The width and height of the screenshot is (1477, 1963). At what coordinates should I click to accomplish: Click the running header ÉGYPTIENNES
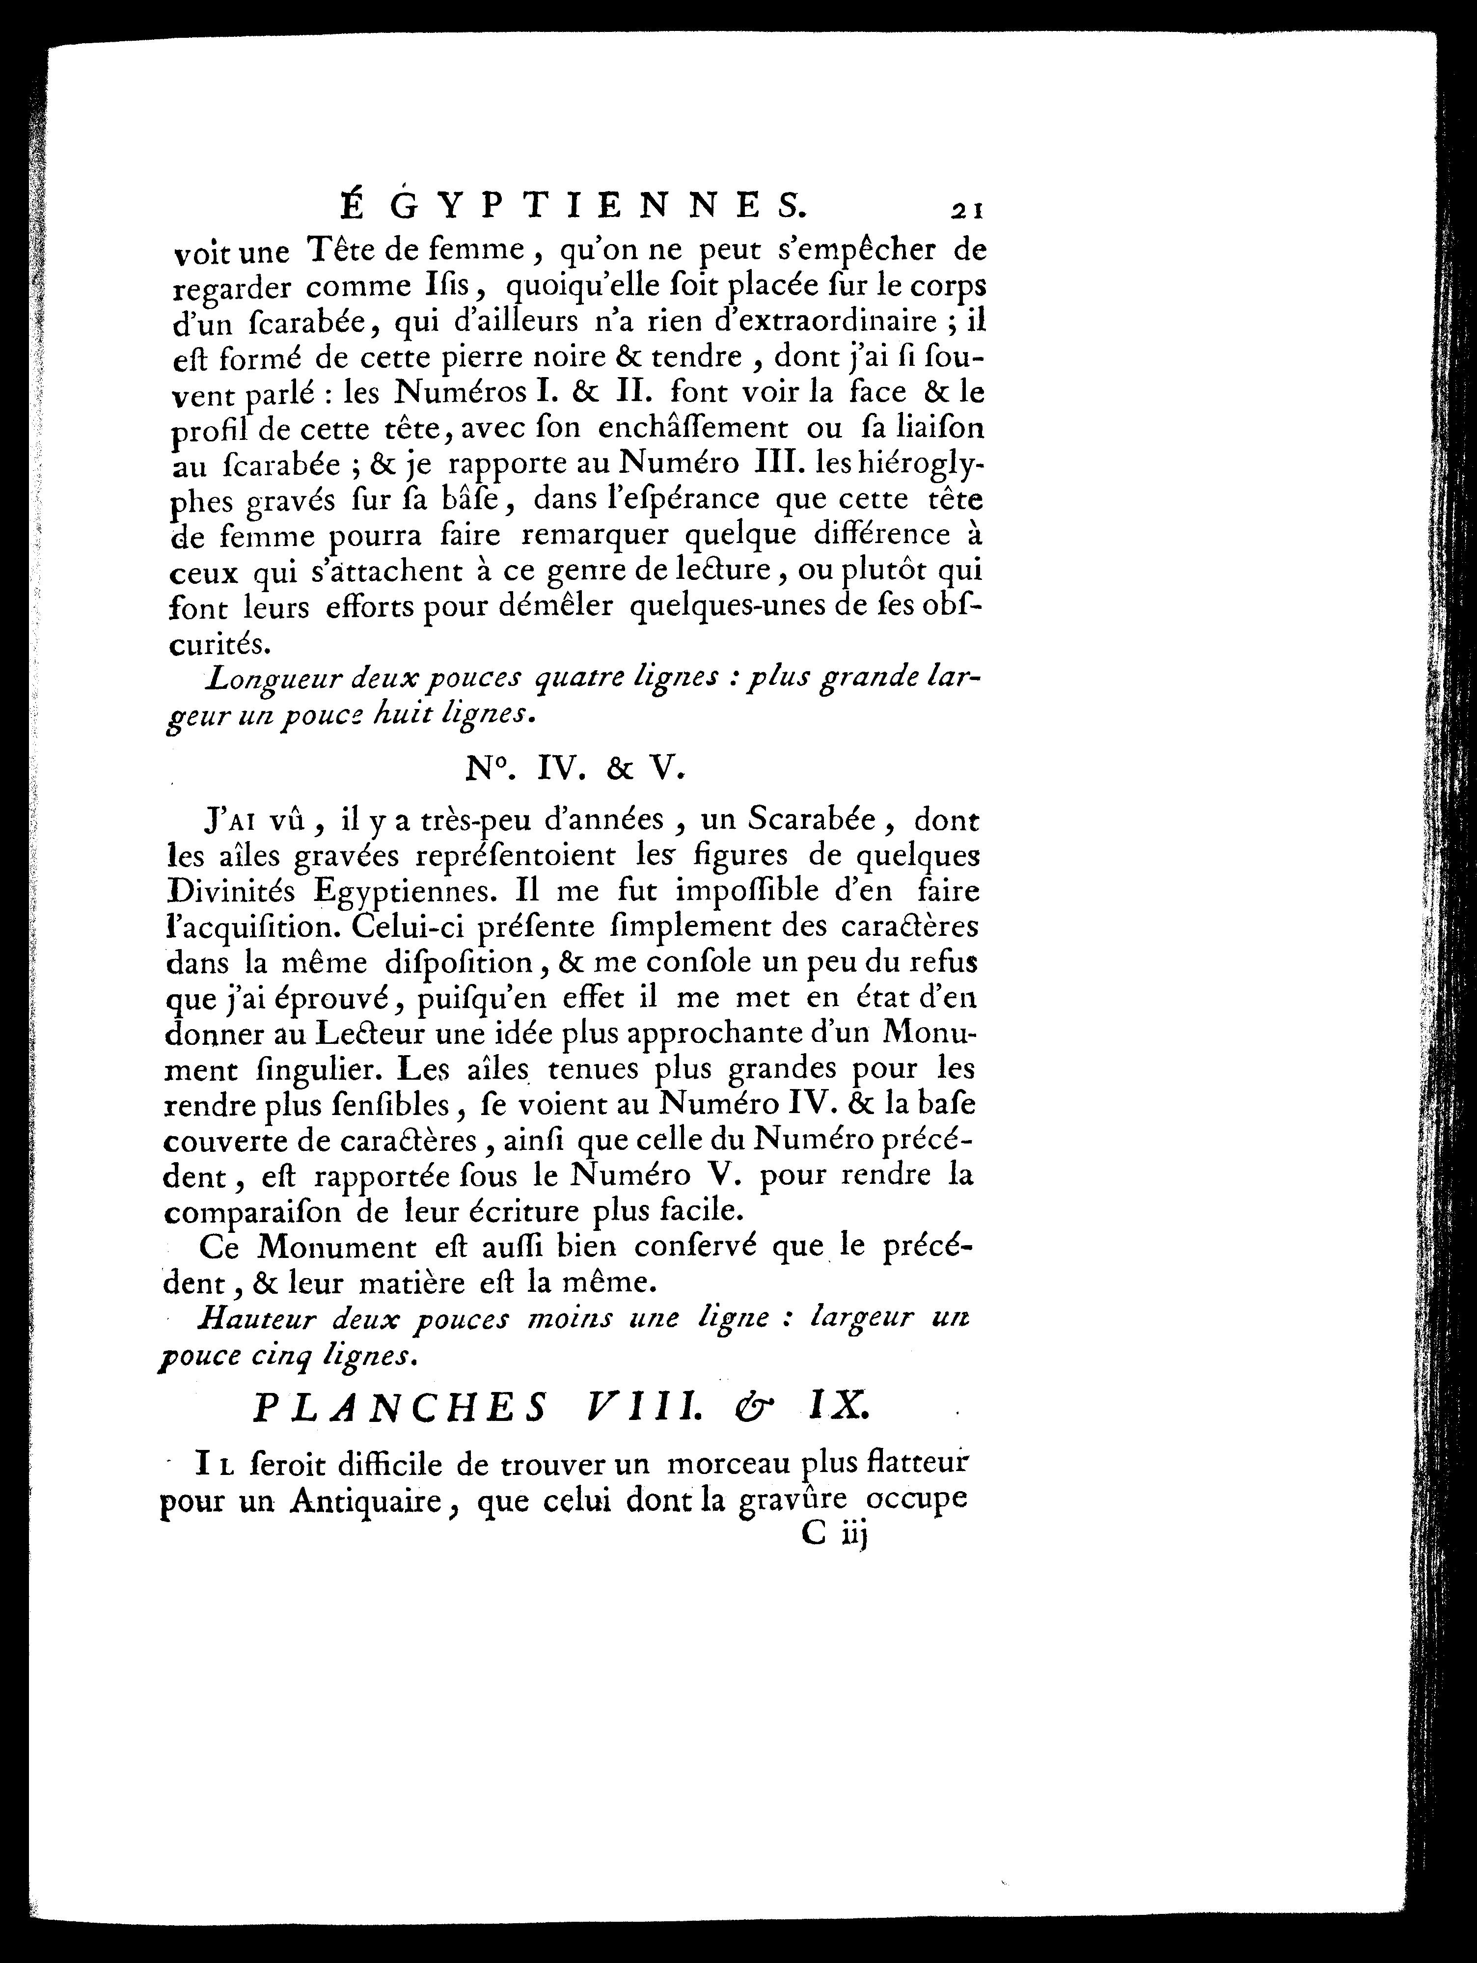(574, 207)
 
